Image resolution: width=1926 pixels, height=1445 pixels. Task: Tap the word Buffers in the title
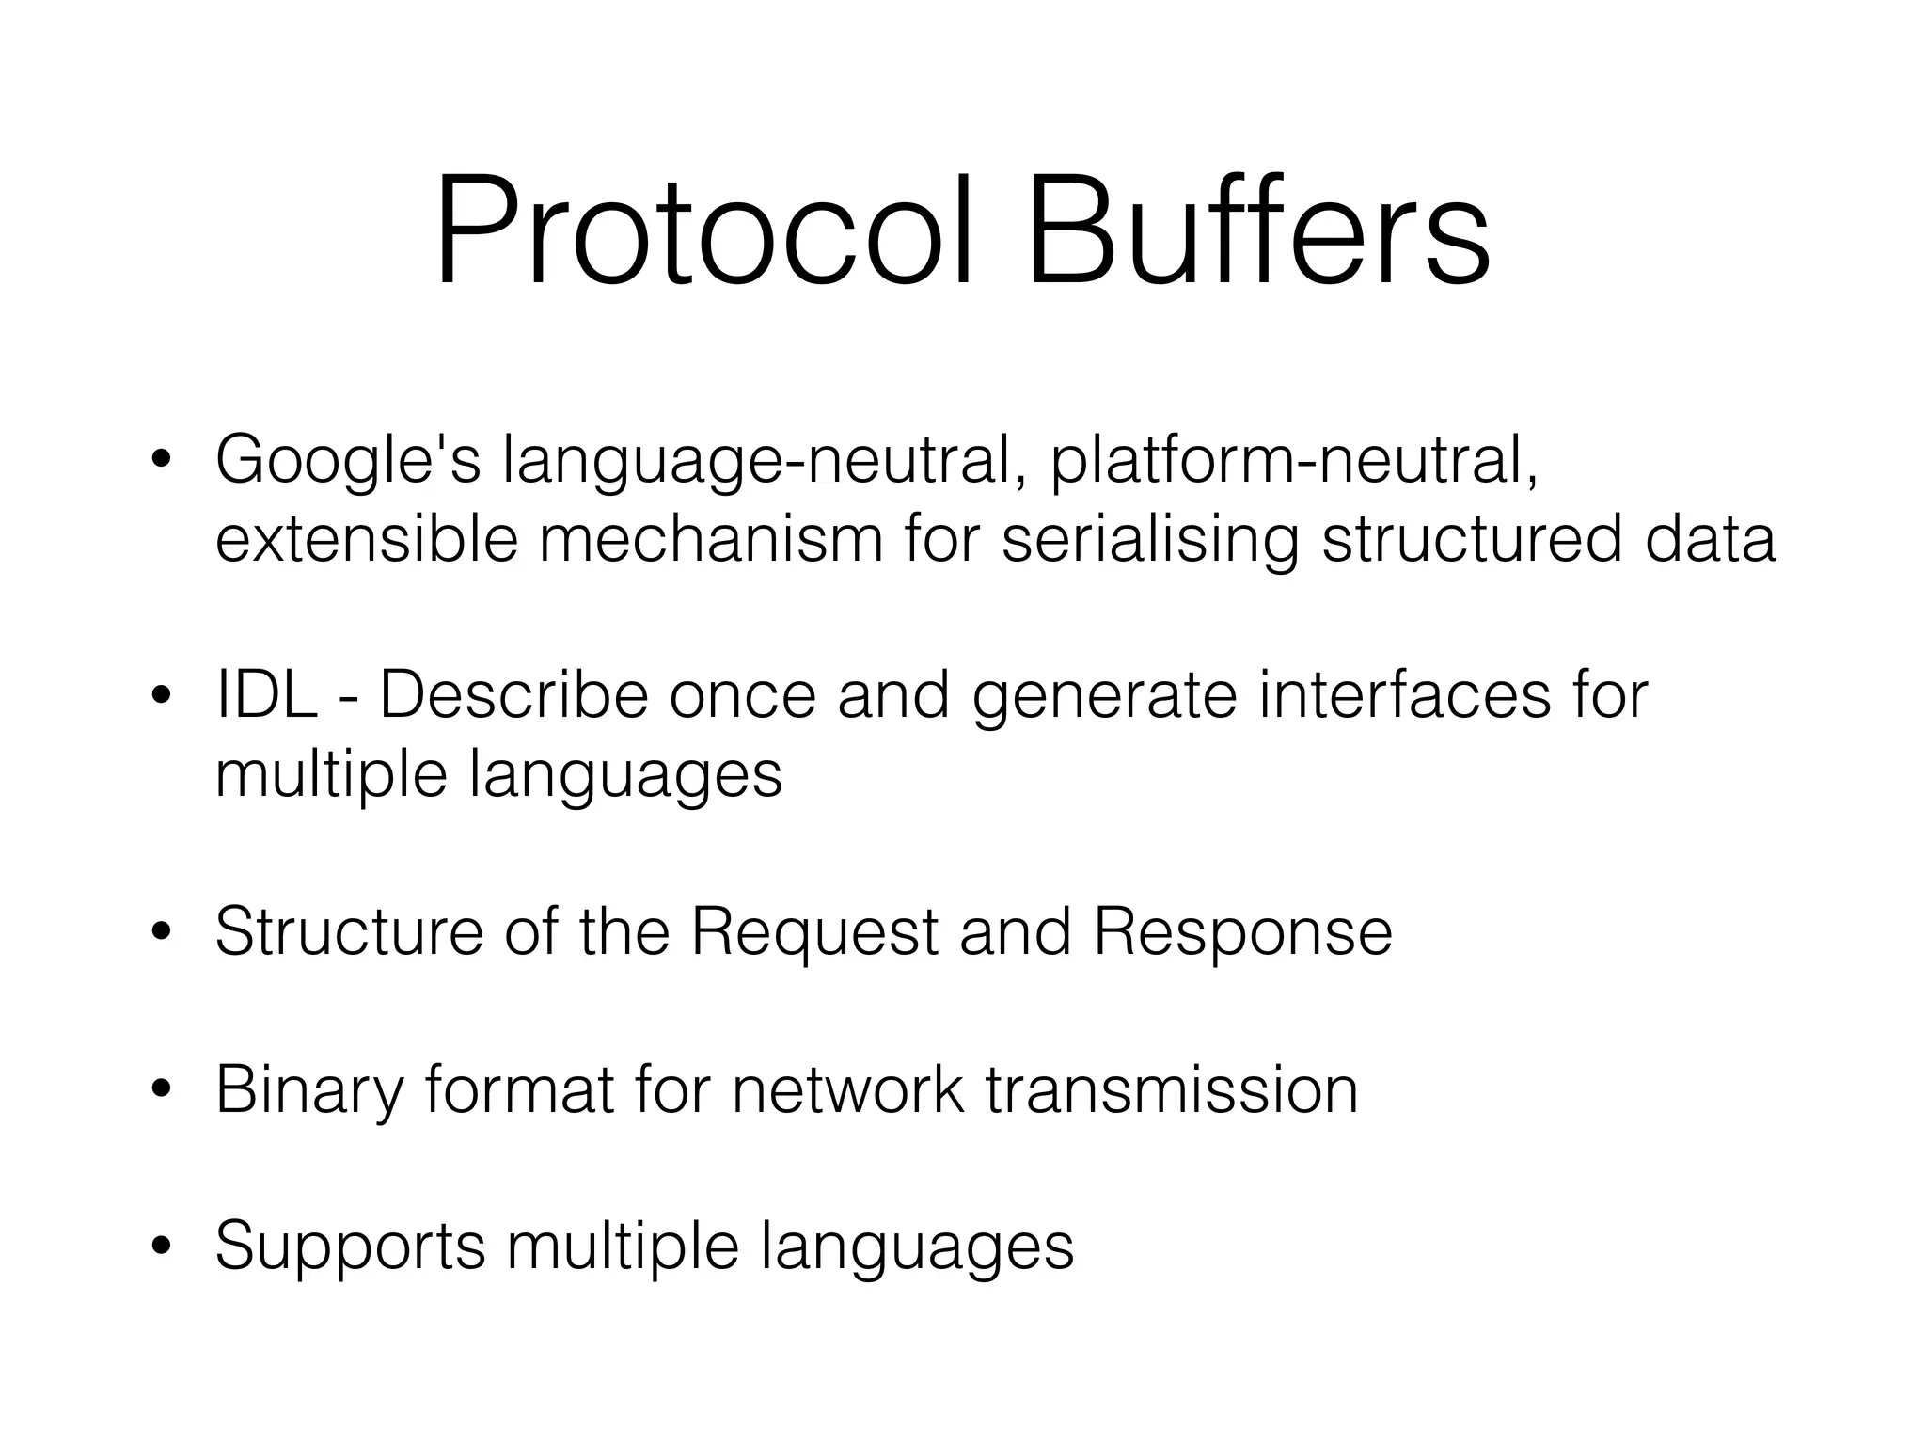pyautogui.click(x=1256, y=230)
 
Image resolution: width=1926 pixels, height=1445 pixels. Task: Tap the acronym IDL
pyautogui.click(x=266, y=696)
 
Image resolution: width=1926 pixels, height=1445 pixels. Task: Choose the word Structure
pyautogui.click(x=349, y=932)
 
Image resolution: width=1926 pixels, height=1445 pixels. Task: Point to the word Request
pyautogui.click(x=814, y=932)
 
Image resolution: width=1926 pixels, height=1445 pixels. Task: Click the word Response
pyautogui.click(x=1241, y=932)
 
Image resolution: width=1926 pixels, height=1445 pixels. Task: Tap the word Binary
pyautogui.click(x=308, y=1089)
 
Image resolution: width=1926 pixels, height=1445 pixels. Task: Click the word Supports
pyautogui.click(x=351, y=1247)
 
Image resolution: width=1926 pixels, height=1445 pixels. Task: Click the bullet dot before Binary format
pyautogui.click(x=162, y=1090)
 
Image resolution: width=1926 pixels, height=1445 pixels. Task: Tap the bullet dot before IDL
pyautogui.click(x=162, y=697)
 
